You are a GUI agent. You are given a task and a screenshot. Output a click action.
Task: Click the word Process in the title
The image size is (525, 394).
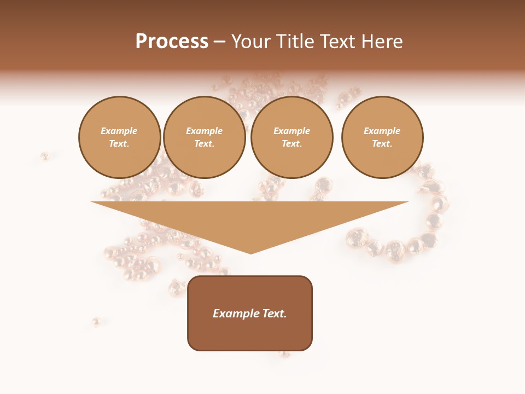(172, 42)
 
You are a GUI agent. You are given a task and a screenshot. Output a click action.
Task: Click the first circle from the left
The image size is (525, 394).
(120, 137)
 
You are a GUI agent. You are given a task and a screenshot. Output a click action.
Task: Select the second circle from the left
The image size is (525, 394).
(205, 137)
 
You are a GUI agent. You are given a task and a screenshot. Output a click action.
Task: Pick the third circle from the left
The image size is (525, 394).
(291, 137)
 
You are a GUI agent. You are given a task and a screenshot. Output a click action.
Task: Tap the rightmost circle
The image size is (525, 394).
(382, 137)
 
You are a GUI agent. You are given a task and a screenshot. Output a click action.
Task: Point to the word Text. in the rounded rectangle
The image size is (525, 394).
(274, 314)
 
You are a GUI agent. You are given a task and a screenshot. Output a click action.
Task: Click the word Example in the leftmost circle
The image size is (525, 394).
(119, 131)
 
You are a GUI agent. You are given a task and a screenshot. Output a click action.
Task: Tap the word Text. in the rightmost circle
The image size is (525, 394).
(382, 144)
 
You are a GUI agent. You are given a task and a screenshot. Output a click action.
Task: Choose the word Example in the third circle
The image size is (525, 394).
(291, 131)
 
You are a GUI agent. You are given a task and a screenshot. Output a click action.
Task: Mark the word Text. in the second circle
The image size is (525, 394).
(205, 144)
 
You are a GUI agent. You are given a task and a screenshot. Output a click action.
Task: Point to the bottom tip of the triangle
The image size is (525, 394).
(250, 252)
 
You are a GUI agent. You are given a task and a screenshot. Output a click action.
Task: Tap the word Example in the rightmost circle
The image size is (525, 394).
(382, 131)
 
